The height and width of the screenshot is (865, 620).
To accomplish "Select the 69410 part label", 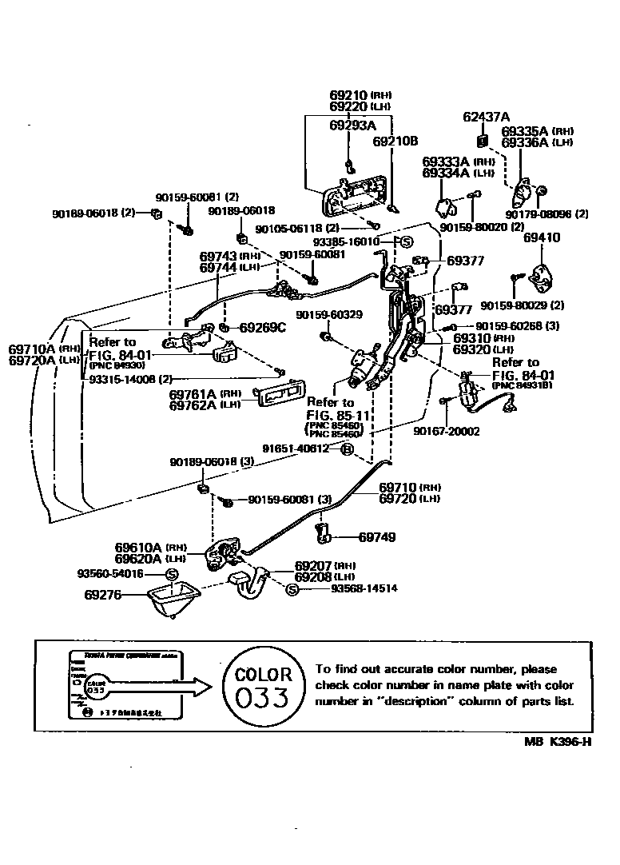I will pos(542,237).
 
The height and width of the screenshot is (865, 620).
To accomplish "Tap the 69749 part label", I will pos(377,537).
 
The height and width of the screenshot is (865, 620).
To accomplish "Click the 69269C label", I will pos(263,327).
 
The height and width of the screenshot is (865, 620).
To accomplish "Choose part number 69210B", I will pos(395,141).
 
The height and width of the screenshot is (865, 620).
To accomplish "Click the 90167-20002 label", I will pos(447,432).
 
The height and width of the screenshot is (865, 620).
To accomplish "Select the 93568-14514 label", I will pos(364,589).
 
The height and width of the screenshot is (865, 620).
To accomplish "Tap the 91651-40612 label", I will pos(296,448).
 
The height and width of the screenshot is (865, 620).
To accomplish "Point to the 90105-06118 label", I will pos(288,229).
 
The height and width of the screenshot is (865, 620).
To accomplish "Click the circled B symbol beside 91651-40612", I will pos(347,449).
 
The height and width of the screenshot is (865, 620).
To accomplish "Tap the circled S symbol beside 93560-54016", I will pos(171,574).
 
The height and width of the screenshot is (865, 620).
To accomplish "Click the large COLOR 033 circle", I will pos(263,687).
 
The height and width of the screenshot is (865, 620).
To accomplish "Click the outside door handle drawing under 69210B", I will pos(356,197).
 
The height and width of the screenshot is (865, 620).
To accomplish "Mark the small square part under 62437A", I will pos(483,142).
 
